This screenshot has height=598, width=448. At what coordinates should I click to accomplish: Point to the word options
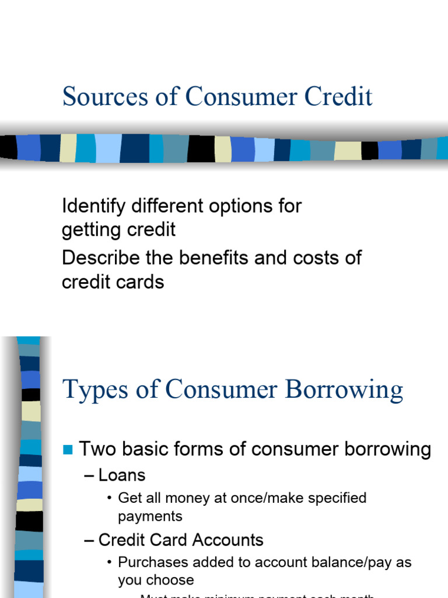(235, 206)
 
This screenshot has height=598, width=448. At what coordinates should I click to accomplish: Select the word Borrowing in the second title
(346, 390)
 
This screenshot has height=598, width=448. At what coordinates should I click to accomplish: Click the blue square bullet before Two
(68, 450)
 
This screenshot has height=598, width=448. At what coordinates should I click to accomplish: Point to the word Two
(96, 449)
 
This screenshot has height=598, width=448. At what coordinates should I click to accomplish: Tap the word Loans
(122, 475)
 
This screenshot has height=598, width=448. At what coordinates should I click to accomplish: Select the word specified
(332, 498)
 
